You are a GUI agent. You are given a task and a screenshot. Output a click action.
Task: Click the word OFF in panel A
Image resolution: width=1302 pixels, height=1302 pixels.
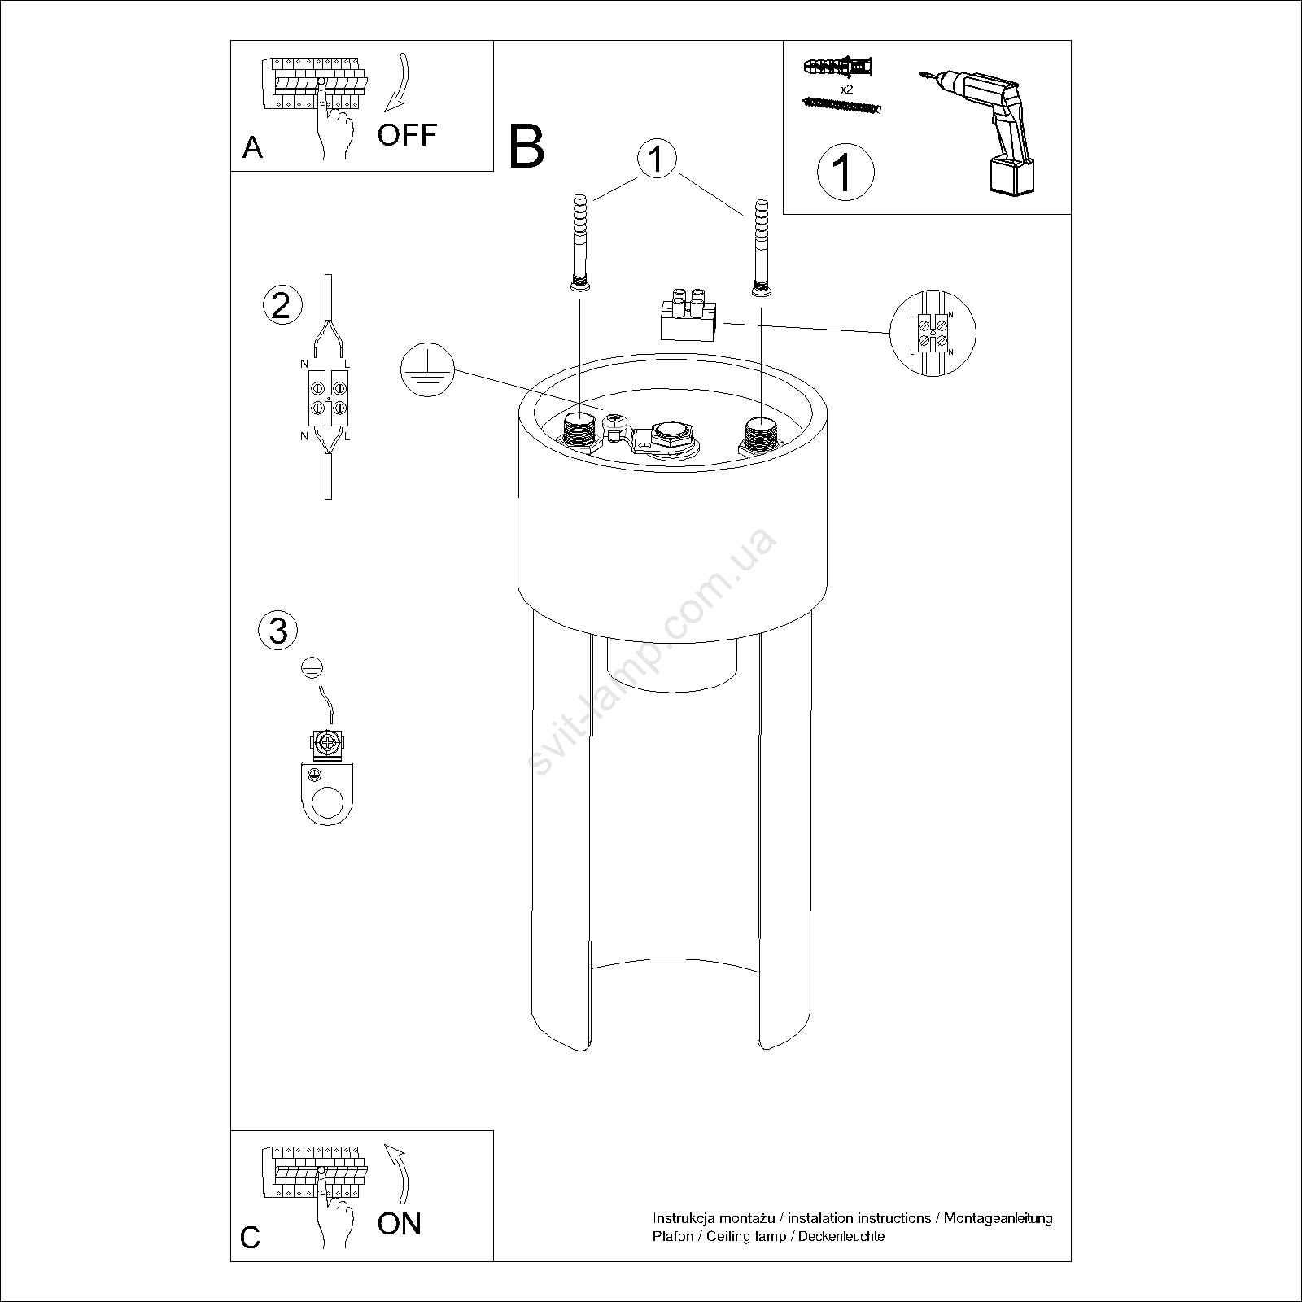click(x=407, y=134)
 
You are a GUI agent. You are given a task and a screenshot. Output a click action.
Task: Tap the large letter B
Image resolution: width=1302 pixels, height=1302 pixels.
click(x=526, y=146)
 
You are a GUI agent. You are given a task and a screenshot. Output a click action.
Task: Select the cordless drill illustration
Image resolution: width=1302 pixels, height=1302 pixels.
click(x=981, y=130)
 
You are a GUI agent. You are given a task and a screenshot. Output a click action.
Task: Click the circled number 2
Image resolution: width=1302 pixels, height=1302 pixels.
click(x=282, y=305)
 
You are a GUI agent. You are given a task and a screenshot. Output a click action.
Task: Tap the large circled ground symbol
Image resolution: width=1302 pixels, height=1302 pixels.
click(x=427, y=370)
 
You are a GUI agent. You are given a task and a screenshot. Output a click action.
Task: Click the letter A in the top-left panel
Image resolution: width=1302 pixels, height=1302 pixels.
click(x=253, y=147)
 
